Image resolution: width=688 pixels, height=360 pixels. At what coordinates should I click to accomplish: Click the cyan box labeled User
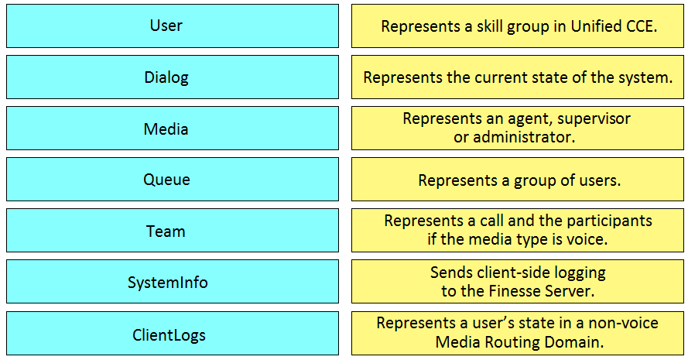coord(173,26)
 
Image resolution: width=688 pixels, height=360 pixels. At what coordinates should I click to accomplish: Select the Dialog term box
coord(173,77)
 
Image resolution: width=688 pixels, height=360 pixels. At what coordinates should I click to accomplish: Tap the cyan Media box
coord(173,129)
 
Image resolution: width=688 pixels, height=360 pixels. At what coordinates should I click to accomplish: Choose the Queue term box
coord(173,179)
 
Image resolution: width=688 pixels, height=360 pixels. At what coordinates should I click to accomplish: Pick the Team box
coord(173,231)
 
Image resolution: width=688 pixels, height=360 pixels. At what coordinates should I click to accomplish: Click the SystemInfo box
coord(173,281)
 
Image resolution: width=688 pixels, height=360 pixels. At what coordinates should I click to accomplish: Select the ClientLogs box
coord(173,333)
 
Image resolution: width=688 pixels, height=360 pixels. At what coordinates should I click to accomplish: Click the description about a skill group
coord(518,26)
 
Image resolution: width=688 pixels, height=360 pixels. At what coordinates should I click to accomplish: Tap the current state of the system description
coord(518,77)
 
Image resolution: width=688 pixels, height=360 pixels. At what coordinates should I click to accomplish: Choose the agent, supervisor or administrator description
coord(518,129)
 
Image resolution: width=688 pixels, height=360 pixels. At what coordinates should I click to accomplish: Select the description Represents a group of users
coord(518,179)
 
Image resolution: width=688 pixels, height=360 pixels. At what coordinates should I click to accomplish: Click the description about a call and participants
coord(518,231)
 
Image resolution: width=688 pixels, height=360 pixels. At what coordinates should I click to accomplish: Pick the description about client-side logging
coord(518,281)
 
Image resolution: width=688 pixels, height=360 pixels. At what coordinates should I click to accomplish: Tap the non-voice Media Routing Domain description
coord(518,333)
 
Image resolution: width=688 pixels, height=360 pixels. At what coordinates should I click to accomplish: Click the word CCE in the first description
coord(642,26)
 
